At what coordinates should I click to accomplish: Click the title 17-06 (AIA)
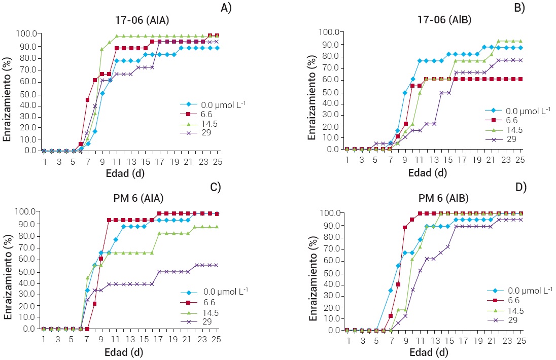tap(142, 21)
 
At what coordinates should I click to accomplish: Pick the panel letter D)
tap(520, 188)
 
